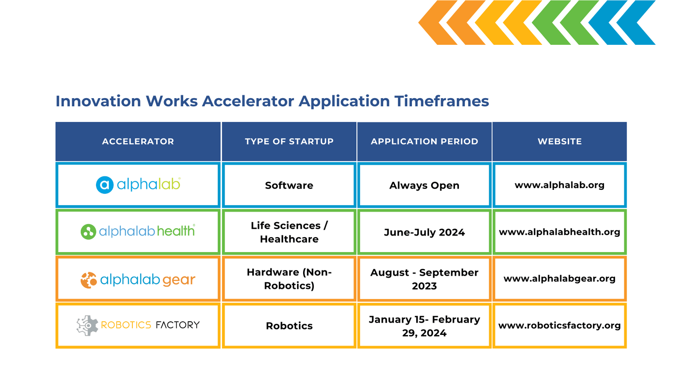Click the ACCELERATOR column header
[x=138, y=141]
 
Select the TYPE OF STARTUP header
[x=289, y=141]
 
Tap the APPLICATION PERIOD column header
[x=424, y=141]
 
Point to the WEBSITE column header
[x=560, y=141]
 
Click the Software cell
[x=289, y=185]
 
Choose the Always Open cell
[x=424, y=185]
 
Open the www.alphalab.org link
[x=560, y=185]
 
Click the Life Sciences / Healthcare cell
[x=289, y=232]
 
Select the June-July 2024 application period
[x=424, y=232]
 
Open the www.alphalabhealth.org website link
[x=560, y=232]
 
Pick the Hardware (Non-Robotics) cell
[x=289, y=279]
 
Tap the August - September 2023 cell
[x=424, y=279]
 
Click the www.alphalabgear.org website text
[x=560, y=279]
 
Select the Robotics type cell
[x=289, y=326]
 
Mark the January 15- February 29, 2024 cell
[x=424, y=326]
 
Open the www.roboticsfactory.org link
[x=560, y=326]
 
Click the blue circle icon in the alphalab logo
[x=105, y=185]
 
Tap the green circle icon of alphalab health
[x=88, y=232]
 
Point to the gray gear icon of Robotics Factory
[x=87, y=326]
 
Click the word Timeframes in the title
[x=441, y=101]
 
